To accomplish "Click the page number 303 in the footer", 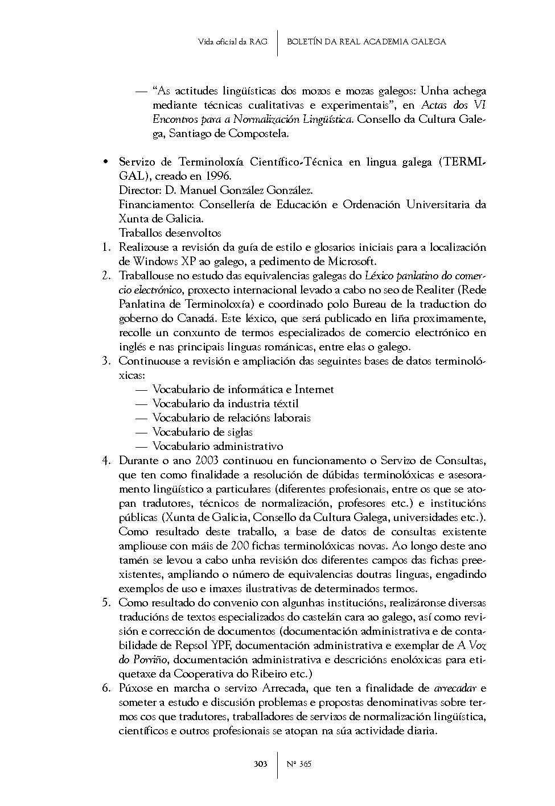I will point(260,764).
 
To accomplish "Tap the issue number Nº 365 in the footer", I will point(299,764).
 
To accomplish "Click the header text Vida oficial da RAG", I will point(233,42).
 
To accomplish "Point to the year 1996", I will point(217,176).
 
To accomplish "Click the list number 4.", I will point(106,461).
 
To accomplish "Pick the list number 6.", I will point(106,688).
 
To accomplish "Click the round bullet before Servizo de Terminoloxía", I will point(105,162).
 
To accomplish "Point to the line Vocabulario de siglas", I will point(202,432).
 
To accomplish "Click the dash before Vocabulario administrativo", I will point(142,447).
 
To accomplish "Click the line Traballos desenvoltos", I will point(170,233).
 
